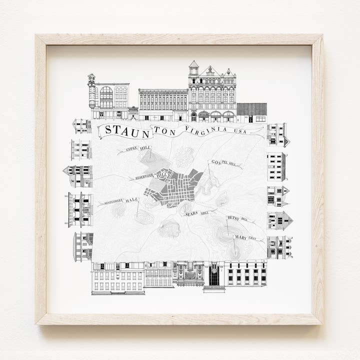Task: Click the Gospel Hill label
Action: [x=223, y=162]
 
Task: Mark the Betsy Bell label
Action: [x=237, y=218]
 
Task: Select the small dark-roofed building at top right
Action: [x=251, y=112]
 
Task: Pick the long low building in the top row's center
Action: [x=163, y=105]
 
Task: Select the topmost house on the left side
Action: [x=81, y=126]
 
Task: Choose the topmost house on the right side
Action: [x=277, y=134]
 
